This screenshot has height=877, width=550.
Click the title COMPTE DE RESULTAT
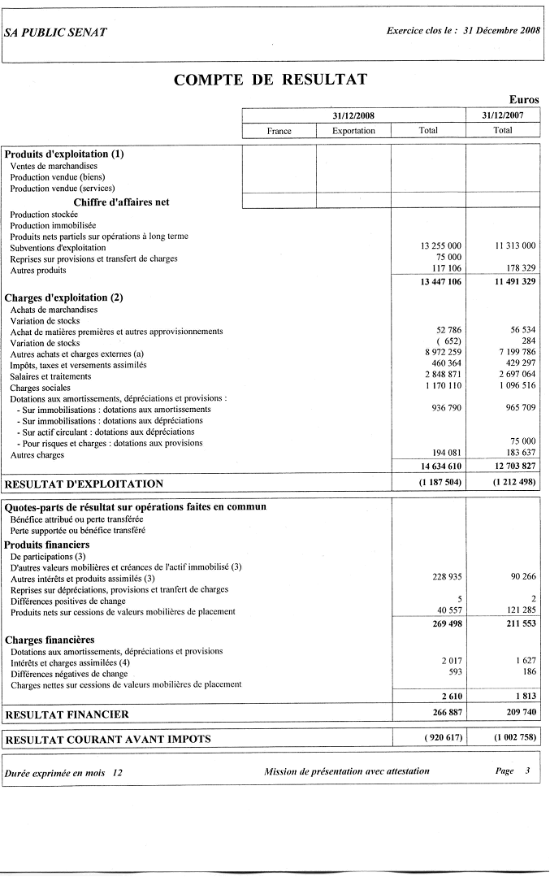(x=271, y=80)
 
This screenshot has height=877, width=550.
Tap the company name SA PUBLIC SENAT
(x=55, y=33)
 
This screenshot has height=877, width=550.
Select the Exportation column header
(x=353, y=131)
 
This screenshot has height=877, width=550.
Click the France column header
(x=279, y=131)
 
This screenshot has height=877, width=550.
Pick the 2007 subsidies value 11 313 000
(x=515, y=245)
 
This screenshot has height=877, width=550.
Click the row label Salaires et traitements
(x=50, y=376)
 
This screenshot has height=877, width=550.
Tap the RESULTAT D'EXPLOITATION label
(x=84, y=484)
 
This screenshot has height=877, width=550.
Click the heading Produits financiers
(x=47, y=545)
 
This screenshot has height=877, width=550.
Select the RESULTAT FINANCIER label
(x=67, y=715)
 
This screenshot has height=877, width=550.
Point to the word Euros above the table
(x=524, y=100)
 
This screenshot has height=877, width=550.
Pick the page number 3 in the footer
(x=527, y=771)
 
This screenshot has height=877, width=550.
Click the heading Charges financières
(x=50, y=640)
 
